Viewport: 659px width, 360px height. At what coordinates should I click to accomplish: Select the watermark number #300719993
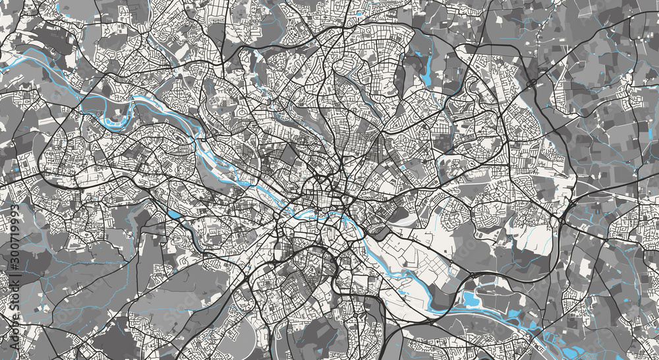point(14,239)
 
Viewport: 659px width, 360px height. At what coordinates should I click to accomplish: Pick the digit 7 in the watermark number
point(14,240)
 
